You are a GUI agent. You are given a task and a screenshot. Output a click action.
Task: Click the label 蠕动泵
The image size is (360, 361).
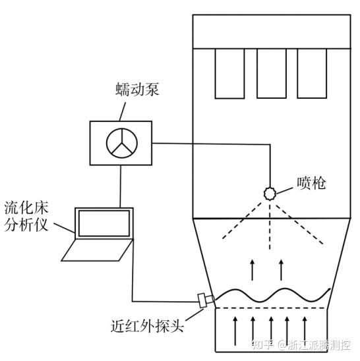point(137,90)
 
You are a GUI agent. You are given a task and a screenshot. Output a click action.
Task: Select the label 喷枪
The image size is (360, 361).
point(311,184)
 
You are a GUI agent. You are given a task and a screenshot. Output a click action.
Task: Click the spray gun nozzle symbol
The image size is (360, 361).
point(270,194)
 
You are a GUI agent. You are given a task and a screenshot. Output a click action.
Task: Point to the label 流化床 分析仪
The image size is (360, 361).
point(26,216)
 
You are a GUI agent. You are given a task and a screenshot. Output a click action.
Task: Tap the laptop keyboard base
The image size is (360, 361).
point(98,250)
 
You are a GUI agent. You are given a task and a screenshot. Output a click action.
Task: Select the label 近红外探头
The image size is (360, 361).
point(147,326)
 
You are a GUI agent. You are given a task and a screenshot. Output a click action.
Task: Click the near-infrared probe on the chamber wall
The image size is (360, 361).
point(206,300)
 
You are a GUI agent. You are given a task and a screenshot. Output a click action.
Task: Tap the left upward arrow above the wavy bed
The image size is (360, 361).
point(253,270)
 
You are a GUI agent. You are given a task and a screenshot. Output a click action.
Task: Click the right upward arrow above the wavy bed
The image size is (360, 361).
point(281,270)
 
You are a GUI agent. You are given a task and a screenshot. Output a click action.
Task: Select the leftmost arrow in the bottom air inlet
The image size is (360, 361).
point(235,331)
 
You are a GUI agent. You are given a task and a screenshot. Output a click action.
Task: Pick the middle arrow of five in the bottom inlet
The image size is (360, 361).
point(271,331)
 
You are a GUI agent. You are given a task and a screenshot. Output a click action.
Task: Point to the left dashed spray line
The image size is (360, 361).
point(242,220)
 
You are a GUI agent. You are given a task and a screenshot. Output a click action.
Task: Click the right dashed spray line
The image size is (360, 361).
point(299,224)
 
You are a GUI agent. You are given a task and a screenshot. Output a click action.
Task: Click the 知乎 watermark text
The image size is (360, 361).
point(262,345)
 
